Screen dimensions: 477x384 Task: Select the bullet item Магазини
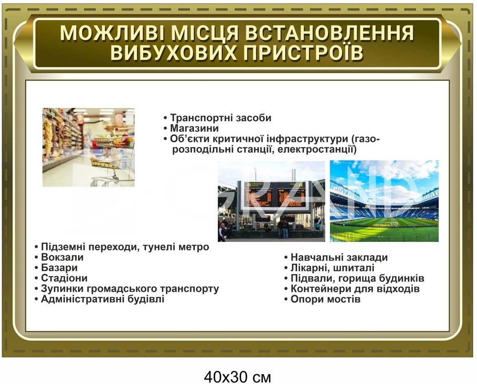point(194,128)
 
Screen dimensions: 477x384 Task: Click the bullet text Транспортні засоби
point(220,118)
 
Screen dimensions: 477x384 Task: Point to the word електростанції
point(317,149)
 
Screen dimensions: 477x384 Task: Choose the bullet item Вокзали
point(62,257)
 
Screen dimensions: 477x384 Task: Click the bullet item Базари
point(59,268)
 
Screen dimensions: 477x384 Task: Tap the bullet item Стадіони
point(64,278)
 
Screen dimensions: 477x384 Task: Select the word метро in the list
point(194,247)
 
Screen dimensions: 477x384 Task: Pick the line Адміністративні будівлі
point(102,299)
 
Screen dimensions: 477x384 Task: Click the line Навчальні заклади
point(339,257)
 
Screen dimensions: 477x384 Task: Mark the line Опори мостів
point(325,299)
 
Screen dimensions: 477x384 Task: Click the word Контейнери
point(321,289)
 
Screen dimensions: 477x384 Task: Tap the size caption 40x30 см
point(237,377)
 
